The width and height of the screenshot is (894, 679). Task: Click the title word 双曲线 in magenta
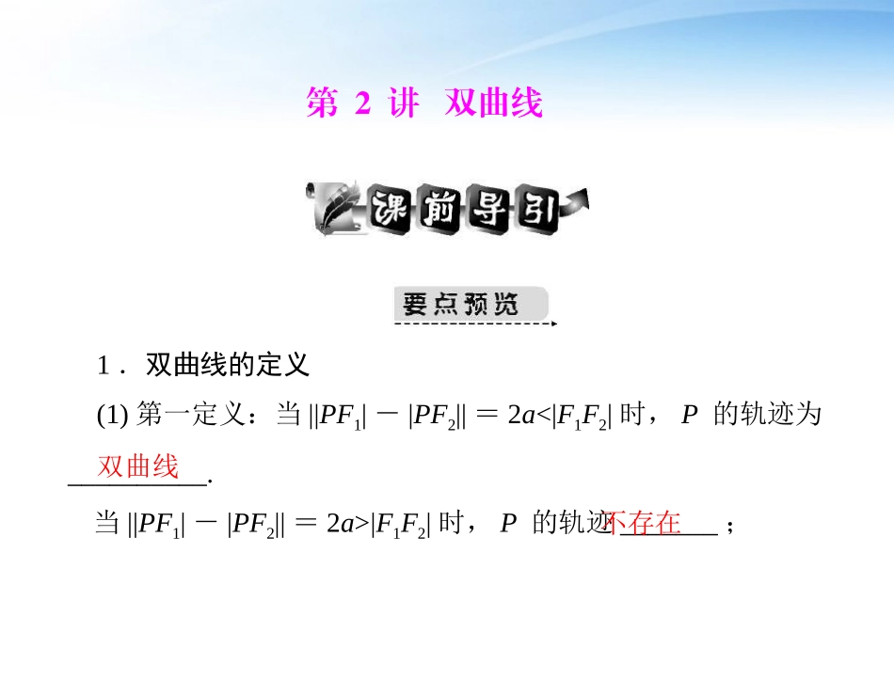494,104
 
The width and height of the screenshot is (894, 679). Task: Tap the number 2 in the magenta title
363,104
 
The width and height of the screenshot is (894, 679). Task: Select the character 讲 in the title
404,104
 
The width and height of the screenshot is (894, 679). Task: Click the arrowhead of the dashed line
553,324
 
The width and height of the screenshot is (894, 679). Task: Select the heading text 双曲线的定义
228,363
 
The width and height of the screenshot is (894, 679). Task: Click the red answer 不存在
645,523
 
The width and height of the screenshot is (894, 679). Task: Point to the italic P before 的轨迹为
689,417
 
